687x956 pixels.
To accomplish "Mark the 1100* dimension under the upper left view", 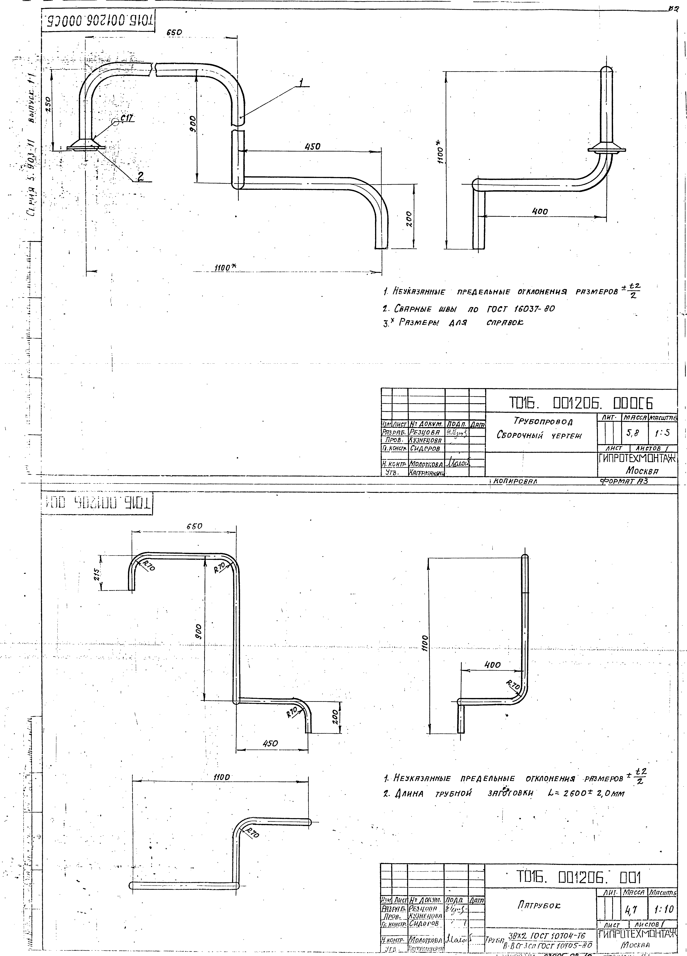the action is pyautogui.click(x=225, y=267).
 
